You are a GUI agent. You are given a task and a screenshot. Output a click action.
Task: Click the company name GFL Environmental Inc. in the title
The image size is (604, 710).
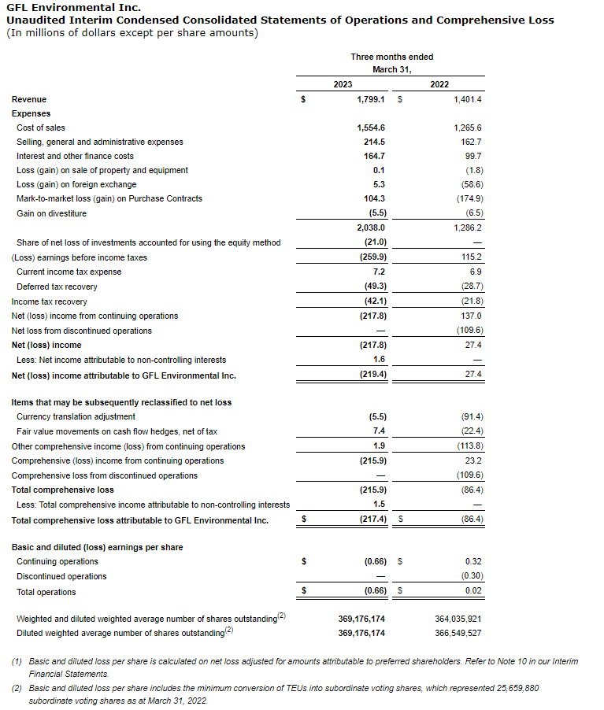pos(62,8)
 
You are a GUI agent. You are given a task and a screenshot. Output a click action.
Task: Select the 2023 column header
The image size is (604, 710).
pos(343,84)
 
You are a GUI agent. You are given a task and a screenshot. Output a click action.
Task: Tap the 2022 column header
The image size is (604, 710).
pos(439,84)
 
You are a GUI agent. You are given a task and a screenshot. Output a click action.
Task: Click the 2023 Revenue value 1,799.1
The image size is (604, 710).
pos(370,99)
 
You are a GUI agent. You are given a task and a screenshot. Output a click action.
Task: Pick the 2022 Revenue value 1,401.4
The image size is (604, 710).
pos(467,99)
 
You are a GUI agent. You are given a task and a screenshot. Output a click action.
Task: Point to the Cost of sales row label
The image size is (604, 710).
pos(41,128)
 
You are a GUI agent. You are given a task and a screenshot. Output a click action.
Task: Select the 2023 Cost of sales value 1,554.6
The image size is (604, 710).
pos(370,128)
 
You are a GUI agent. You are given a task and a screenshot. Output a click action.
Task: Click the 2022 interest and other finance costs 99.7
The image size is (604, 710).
pos(473,156)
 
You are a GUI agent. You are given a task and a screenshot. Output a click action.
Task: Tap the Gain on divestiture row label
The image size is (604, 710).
pos(52,213)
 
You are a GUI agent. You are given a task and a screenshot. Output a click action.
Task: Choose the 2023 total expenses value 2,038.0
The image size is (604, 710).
pos(370,227)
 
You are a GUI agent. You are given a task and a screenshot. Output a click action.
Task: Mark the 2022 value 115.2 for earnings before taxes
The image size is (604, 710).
pos(472,257)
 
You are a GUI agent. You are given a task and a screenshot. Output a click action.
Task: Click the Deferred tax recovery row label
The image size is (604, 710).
pos(57,287)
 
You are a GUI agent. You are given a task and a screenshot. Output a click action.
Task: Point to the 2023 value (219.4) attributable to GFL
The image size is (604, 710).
pos(372,375)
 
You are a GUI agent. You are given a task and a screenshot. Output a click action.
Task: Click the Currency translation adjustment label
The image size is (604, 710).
pos(76,416)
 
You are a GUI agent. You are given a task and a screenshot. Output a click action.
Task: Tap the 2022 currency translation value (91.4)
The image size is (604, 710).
pos(472,416)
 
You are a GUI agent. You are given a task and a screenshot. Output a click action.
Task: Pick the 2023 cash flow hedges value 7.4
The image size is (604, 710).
pos(378,431)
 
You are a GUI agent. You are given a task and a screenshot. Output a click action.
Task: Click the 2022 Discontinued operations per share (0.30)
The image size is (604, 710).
pos(472,576)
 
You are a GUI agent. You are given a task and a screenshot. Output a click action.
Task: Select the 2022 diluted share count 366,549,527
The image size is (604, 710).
pos(458,633)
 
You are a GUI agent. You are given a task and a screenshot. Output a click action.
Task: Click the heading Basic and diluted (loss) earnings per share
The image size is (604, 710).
pos(97,547)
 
